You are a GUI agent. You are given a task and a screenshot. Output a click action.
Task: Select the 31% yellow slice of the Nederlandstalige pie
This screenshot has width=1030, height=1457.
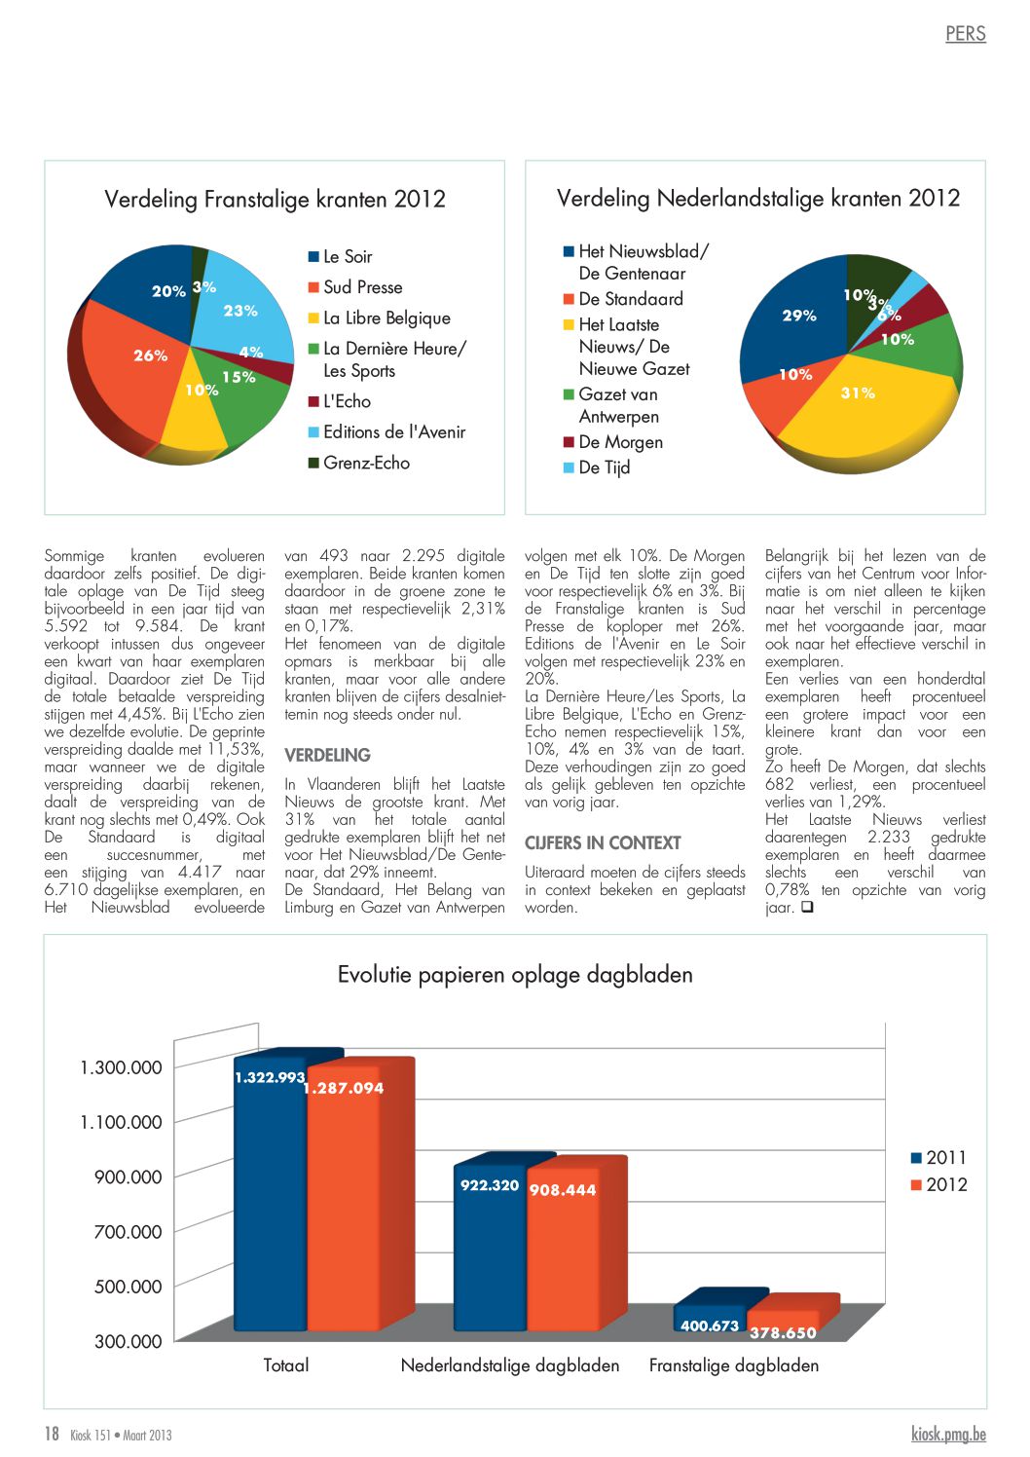864,410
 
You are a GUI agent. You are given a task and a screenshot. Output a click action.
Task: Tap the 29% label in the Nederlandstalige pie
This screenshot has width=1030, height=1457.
799,316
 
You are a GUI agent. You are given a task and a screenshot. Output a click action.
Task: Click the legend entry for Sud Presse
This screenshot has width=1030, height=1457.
355,287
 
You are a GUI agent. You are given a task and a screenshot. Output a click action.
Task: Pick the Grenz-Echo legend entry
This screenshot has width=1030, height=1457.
359,463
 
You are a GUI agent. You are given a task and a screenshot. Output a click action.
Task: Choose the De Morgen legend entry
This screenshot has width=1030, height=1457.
613,441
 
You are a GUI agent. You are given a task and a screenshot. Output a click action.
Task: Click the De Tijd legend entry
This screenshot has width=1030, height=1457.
597,467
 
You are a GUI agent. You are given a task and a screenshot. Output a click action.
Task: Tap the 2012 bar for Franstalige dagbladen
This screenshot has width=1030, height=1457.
783,1321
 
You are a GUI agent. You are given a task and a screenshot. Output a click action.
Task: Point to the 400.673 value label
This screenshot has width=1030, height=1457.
710,1326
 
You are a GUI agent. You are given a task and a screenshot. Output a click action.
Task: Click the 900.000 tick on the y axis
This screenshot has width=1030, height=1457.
129,1177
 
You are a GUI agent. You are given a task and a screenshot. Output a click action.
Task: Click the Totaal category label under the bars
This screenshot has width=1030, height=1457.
286,1364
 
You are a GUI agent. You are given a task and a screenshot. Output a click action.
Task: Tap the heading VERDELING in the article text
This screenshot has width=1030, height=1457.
328,755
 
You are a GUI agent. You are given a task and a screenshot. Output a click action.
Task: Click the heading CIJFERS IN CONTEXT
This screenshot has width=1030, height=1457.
603,843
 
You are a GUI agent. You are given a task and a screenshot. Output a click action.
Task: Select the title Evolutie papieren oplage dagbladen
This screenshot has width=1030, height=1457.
515,974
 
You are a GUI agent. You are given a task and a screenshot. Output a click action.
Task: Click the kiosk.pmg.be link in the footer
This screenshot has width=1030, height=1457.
949,1434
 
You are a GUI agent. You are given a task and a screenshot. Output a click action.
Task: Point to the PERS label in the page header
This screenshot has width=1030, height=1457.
966,33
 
